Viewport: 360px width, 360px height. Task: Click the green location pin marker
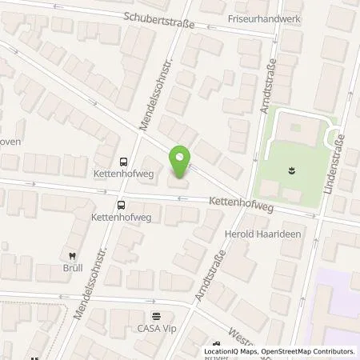point(180,162)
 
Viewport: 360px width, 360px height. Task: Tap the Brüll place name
point(74,267)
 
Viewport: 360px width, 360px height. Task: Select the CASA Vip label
point(155,327)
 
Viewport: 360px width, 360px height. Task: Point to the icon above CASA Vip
point(156,315)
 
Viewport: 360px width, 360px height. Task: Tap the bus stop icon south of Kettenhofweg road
point(122,203)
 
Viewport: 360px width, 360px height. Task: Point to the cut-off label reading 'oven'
point(10,142)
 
